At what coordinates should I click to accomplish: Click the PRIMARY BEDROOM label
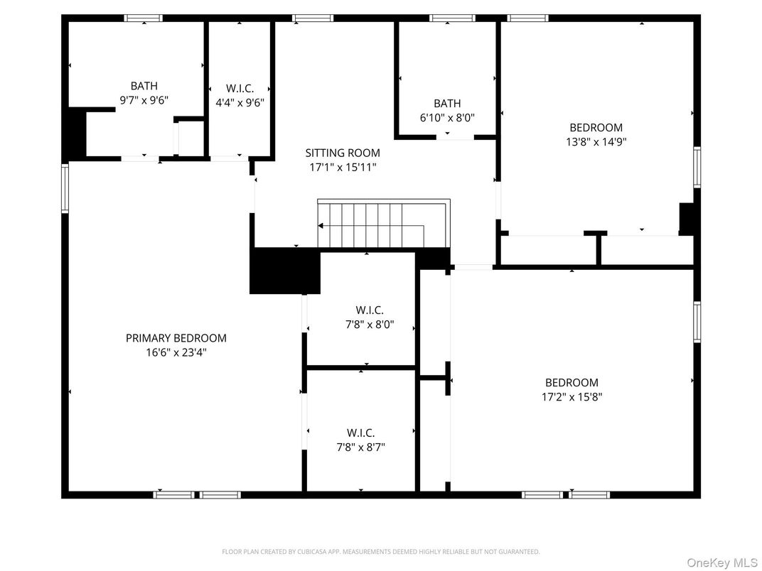pyautogui.click(x=176, y=338)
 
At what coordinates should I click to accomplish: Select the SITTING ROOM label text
pyautogui.click(x=343, y=153)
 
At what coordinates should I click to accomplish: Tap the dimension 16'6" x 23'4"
pyautogui.click(x=176, y=352)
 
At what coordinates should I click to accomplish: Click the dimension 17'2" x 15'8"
pyautogui.click(x=571, y=396)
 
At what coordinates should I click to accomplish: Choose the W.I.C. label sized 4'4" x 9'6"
pyautogui.click(x=240, y=88)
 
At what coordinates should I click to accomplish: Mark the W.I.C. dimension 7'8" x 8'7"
pyautogui.click(x=361, y=447)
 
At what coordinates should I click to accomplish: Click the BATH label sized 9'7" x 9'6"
pyautogui.click(x=144, y=86)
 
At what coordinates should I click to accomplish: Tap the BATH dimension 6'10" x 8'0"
pyautogui.click(x=447, y=117)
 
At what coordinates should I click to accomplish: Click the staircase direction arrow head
pyautogui.click(x=321, y=226)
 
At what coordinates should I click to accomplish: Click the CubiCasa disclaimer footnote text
pyautogui.click(x=381, y=551)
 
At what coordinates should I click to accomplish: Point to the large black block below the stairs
pyautogui.click(x=284, y=271)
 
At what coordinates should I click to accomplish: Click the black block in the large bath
pyautogui.click(x=75, y=134)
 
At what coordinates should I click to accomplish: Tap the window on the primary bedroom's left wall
pyautogui.click(x=65, y=188)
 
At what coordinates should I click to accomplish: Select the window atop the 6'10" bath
pyautogui.click(x=452, y=18)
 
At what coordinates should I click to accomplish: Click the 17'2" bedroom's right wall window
pyautogui.click(x=697, y=322)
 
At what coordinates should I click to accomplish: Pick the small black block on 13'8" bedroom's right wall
pyautogui.click(x=687, y=218)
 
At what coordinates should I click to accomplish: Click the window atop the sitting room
pyautogui.click(x=313, y=18)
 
